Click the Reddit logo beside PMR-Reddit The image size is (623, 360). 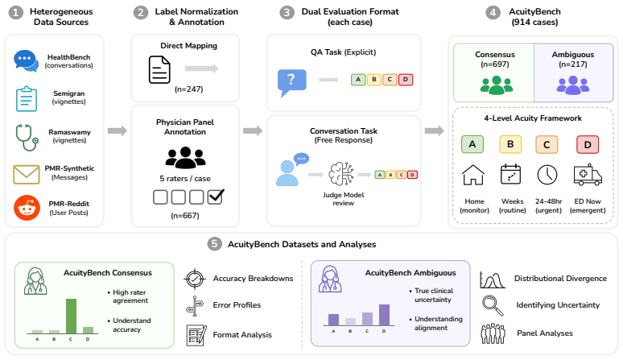(x=27, y=208)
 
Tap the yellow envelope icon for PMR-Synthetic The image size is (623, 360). (x=27, y=175)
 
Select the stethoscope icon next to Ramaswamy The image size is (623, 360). (x=27, y=138)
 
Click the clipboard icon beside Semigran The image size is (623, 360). (x=27, y=98)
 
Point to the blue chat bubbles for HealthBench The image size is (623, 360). (x=26, y=60)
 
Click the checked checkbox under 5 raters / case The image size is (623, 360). (x=216, y=197)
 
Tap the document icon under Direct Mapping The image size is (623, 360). (x=159, y=69)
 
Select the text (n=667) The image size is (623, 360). (x=185, y=215)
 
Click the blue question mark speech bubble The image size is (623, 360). (x=291, y=82)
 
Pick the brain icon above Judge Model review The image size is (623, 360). (x=341, y=174)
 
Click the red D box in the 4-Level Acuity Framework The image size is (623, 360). (x=588, y=145)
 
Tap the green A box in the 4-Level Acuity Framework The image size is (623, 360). (x=472, y=144)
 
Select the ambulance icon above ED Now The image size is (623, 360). (x=588, y=175)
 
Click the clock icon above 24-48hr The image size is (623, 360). (x=547, y=175)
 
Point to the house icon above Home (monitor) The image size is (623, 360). (x=472, y=175)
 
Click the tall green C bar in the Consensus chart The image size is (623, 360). (x=71, y=316)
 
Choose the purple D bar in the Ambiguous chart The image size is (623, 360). (x=384, y=315)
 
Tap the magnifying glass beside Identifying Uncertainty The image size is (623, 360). (x=493, y=305)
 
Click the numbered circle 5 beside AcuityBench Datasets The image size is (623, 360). (x=215, y=244)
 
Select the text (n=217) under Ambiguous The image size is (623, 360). (x=573, y=64)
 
